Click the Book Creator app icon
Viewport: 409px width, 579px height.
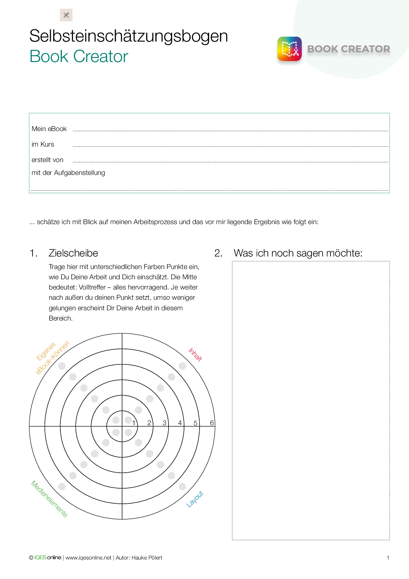(289, 49)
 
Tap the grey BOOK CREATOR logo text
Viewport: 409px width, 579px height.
(348, 49)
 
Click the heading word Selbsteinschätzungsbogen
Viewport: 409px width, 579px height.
(129, 36)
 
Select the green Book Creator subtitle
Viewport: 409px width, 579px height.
(79, 56)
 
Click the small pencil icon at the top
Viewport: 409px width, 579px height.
(66, 15)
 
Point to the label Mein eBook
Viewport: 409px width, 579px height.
(49, 129)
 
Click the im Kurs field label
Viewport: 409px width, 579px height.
(43, 145)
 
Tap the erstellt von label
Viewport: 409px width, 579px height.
(47, 160)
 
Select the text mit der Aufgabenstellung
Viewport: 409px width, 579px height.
(68, 173)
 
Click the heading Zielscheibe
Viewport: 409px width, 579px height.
(73, 253)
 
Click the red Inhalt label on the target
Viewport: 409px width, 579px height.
(195, 355)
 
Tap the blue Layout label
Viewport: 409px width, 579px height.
(195, 499)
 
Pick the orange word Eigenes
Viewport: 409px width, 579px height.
(46, 352)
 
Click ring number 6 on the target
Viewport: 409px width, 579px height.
(212, 423)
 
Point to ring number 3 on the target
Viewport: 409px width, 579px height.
(164, 423)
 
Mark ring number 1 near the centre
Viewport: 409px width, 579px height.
(134, 423)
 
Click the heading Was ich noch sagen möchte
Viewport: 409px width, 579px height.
(298, 253)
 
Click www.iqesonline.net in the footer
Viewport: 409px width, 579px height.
(88, 558)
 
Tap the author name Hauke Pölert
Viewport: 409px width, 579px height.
(147, 558)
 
